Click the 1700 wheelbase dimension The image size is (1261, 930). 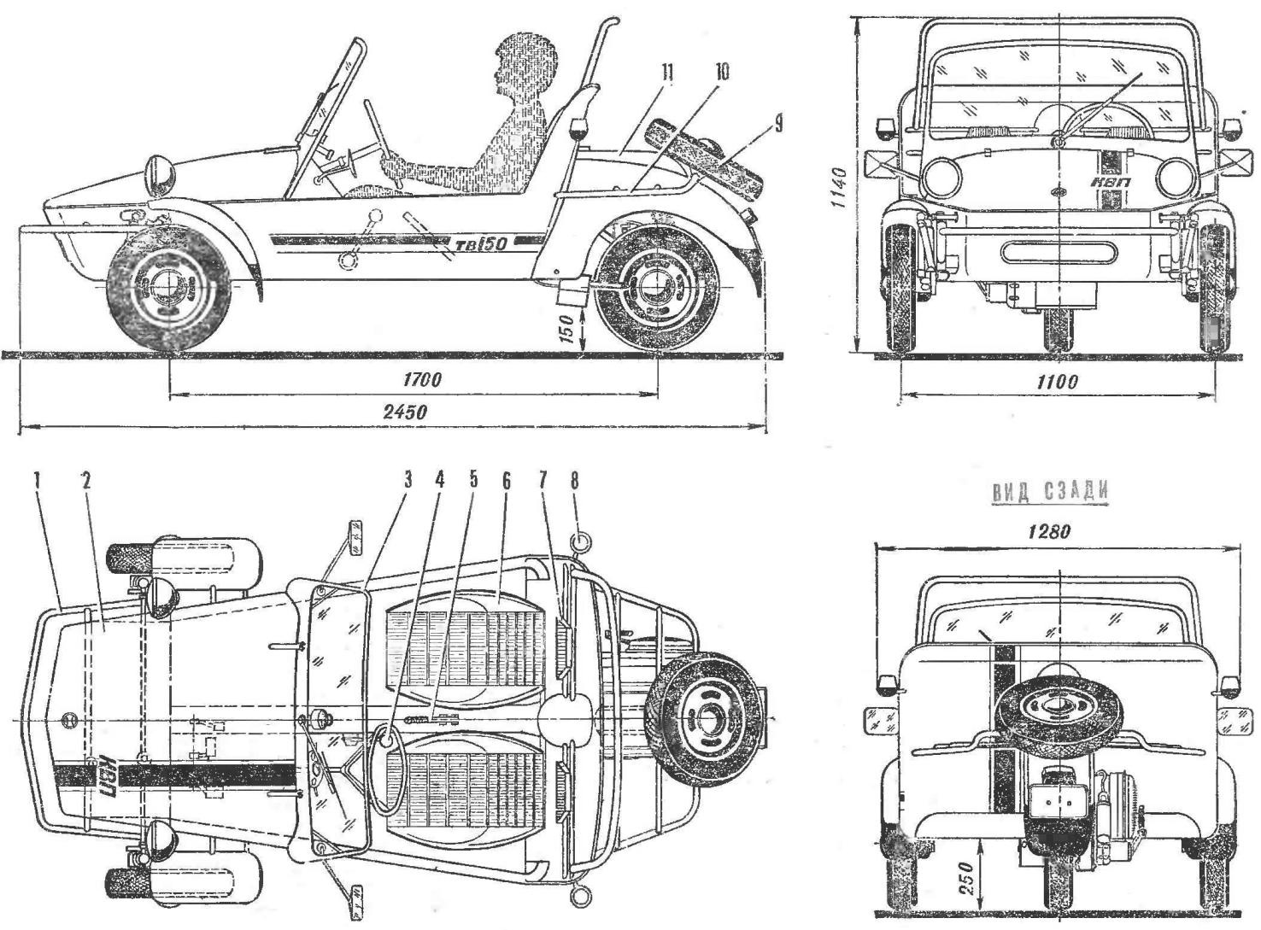(x=422, y=380)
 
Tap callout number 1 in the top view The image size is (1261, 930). (x=38, y=481)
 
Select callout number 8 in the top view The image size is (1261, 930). (x=574, y=481)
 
